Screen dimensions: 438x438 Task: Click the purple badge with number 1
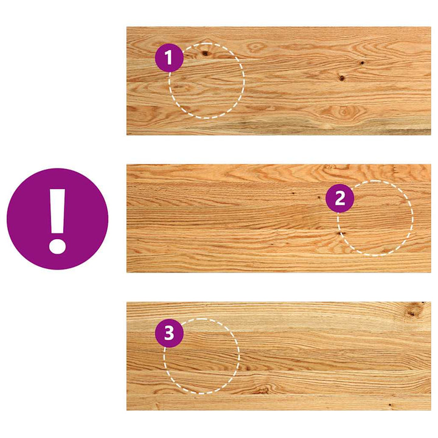click(x=169, y=58)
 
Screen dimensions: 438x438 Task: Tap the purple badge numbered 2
click(x=339, y=198)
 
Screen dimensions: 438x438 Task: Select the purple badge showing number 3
click(x=169, y=333)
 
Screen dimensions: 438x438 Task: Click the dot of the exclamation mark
click(x=57, y=246)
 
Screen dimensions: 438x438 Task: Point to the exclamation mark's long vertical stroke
click(x=58, y=211)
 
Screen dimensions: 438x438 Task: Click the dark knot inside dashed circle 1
click(x=206, y=53)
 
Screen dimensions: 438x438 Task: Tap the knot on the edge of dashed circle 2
click(x=340, y=233)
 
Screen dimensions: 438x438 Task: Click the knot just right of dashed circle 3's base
click(x=263, y=390)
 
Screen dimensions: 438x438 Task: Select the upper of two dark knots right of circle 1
click(x=362, y=63)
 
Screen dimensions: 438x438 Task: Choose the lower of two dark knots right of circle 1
click(x=342, y=78)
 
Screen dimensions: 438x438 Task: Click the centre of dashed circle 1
click(x=207, y=81)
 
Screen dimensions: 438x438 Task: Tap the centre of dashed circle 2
click(x=375, y=218)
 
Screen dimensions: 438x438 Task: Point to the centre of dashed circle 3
click(x=201, y=356)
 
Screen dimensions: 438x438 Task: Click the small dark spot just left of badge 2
click(x=319, y=198)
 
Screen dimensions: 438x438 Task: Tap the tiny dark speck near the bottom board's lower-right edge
click(x=390, y=405)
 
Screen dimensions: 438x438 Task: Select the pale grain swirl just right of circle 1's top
click(x=255, y=47)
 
